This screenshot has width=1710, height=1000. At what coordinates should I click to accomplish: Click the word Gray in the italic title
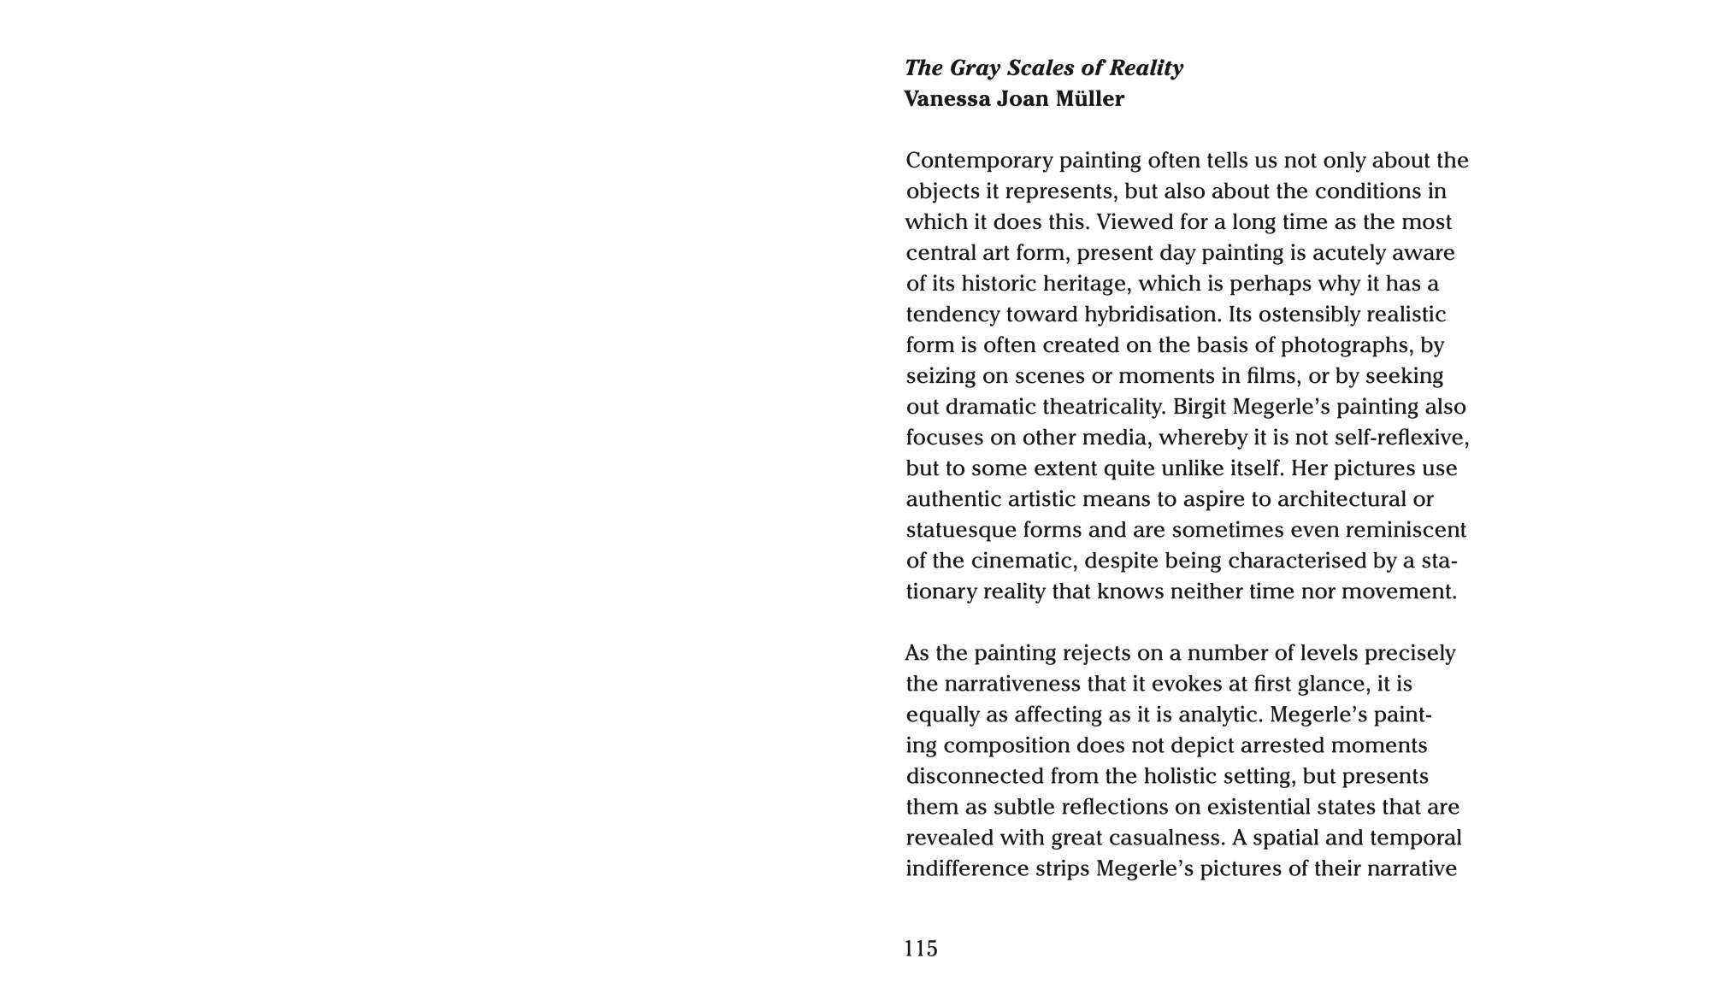975,68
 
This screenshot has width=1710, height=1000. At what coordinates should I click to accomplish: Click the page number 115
922,949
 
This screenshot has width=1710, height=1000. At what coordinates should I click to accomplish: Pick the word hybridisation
1153,315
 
